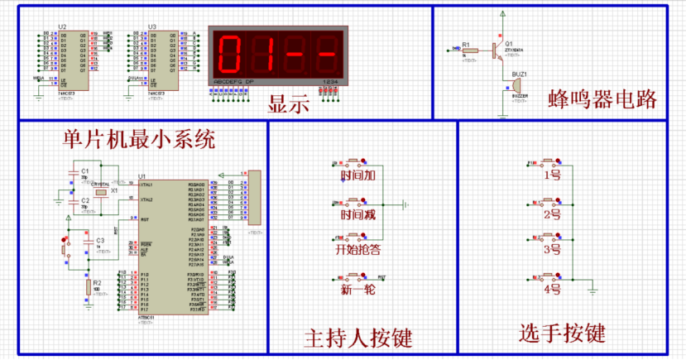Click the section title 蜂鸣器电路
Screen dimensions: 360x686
pyautogui.click(x=602, y=99)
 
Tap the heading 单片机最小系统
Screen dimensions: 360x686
pyautogui.click(x=139, y=139)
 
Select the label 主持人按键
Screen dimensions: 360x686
pyautogui.click(x=358, y=338)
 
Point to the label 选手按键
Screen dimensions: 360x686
pyautogui.click(x=562, y=334)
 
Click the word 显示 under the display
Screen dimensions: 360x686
pyautogui.click(x=289, y=105)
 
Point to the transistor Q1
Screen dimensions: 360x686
pyautogui.click(x=498, y=50)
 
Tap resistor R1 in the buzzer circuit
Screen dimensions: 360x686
pyautogui.click(x=468, y=50)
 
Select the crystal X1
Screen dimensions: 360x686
pyautogui.click(x=101, y=192)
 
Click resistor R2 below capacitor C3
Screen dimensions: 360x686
pyautogui.click(x=88, y=287)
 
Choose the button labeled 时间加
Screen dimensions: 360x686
pyautogui.click(x=357, y=175)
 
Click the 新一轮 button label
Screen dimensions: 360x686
pyautogui.click(x=357, y=290)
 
